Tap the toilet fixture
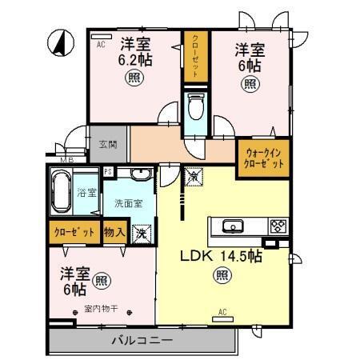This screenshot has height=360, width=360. tap(194, 106)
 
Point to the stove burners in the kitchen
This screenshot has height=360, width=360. tap(278, 226)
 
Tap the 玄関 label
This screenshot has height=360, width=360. tap(108, 145)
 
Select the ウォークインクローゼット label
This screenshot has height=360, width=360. tap(263, 157)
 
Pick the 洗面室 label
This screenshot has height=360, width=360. tap(127, 204)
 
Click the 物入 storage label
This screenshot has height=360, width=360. tap(115, 233)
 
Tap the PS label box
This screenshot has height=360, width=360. tap(109, 171)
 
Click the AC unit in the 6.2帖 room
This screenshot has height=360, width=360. tap(101, 35)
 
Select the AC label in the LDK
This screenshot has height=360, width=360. tap(223, 313)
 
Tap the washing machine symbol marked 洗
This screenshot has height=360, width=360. tap(142, 234)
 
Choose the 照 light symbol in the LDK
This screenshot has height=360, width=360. tap(221, 276)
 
